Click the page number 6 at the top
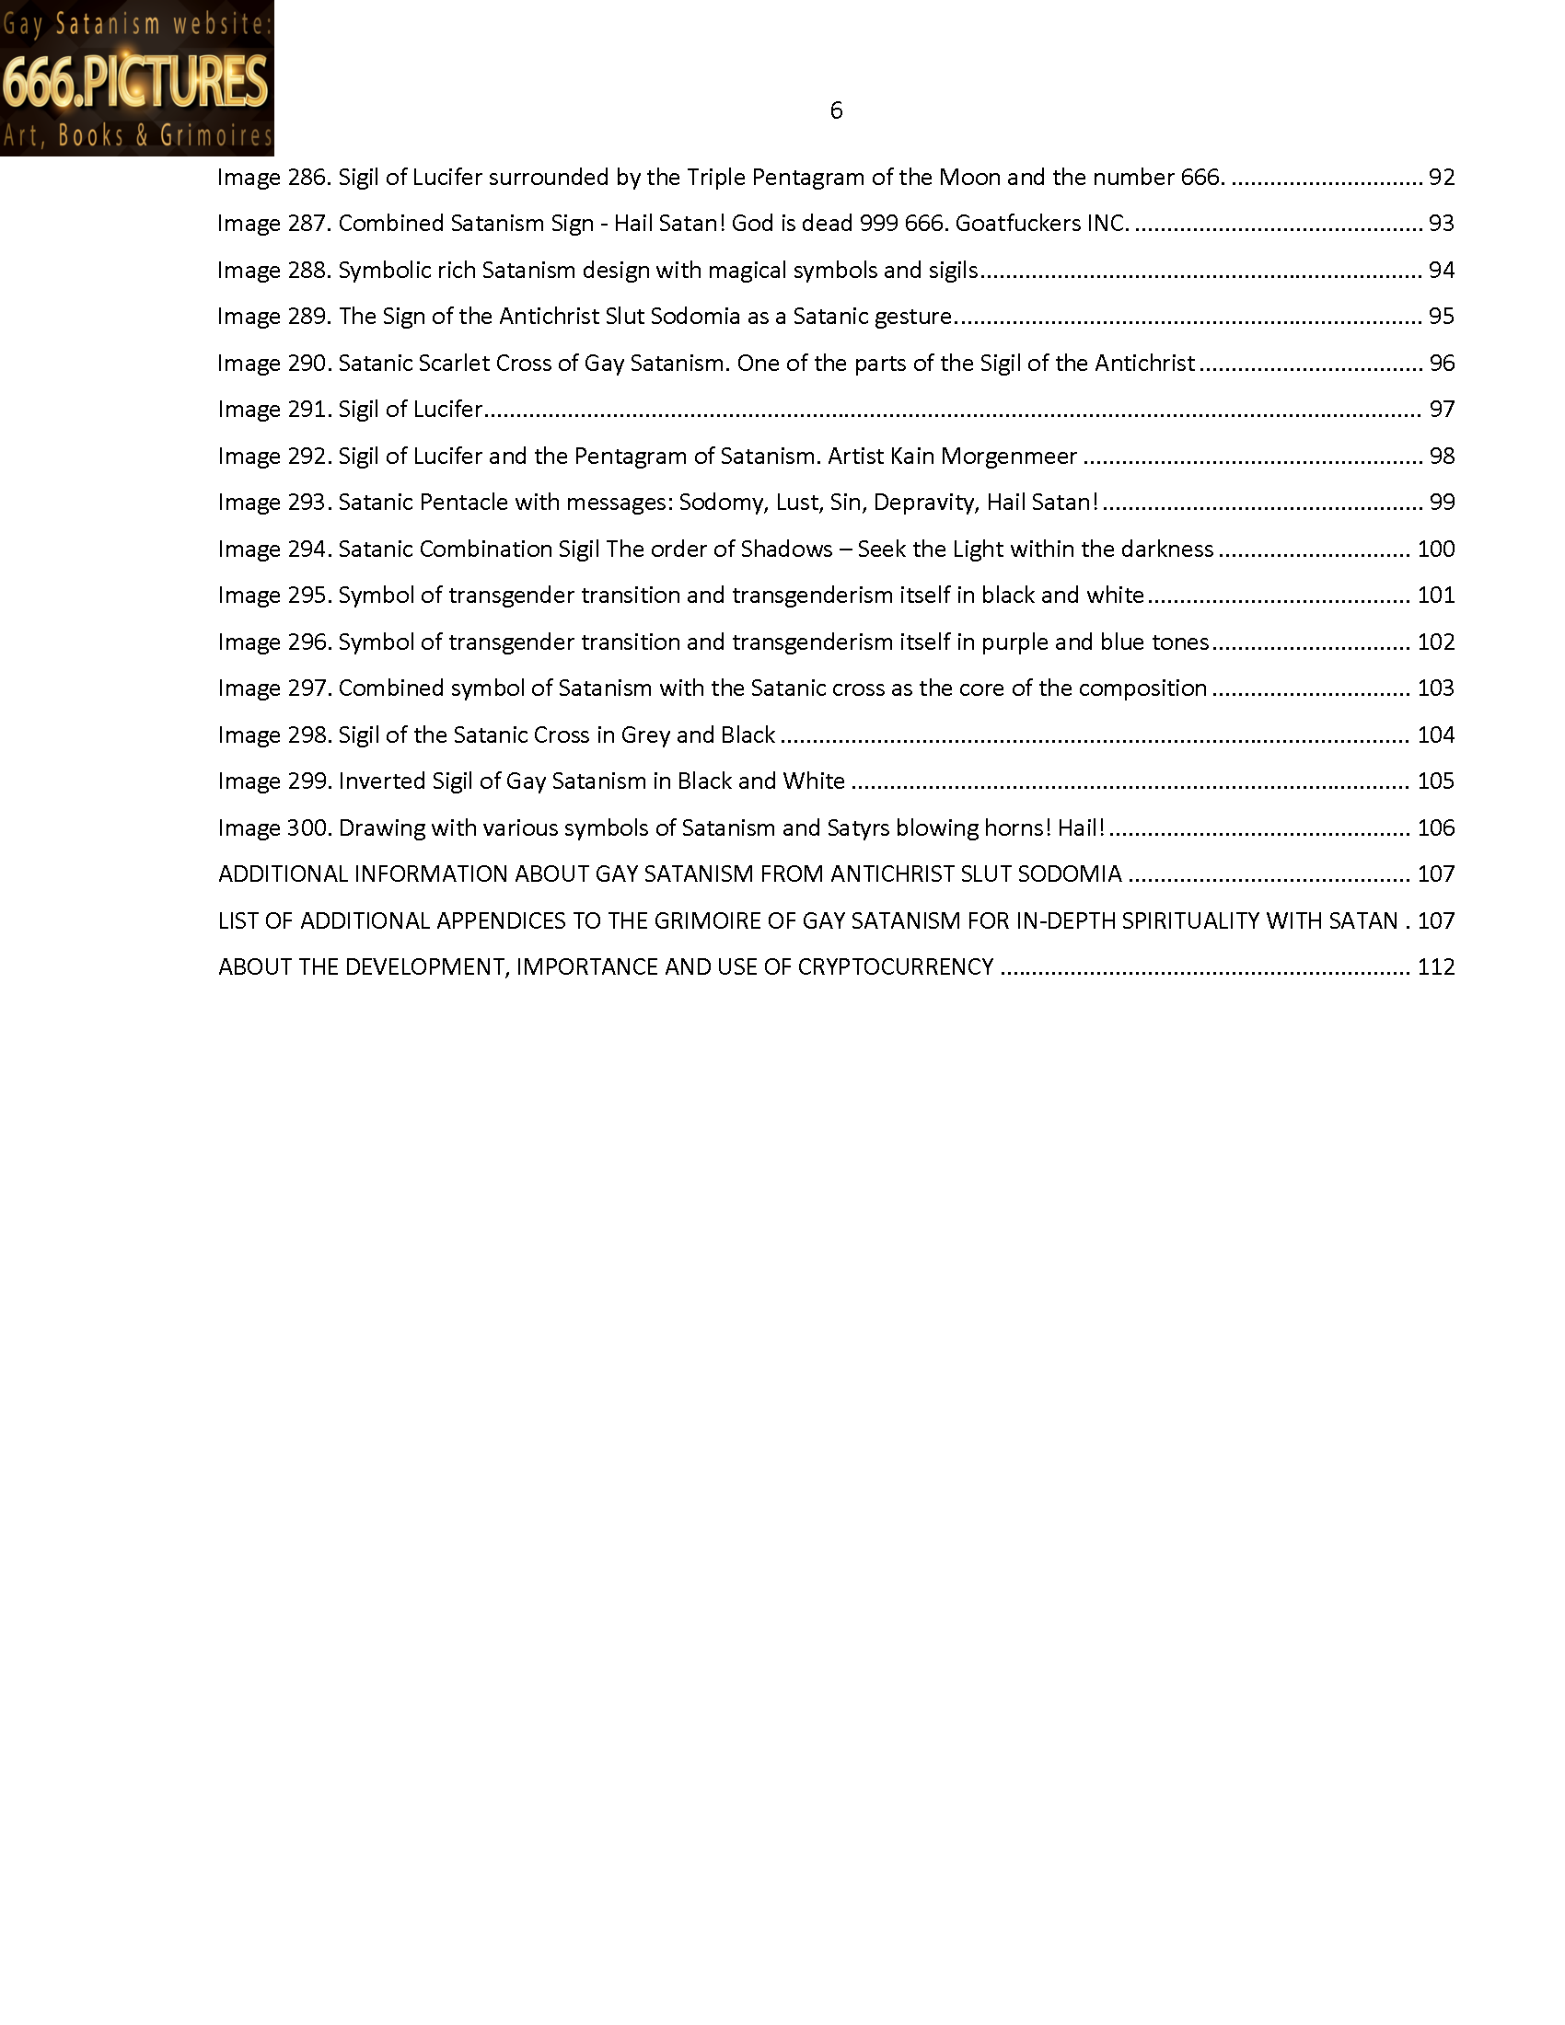click(835, 111)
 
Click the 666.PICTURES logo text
click(135, 81)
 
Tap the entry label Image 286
click(274, 177)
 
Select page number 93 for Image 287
click(1441, 224)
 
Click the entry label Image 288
click(274, 270)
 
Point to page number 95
click(1441, 316)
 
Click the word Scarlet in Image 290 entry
click(452, 363)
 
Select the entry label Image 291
click(274, 409)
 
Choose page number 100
click(1435, 549)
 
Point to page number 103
click(1435, 688)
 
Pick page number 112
click(1435, 967)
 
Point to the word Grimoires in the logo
click(216, 136)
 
